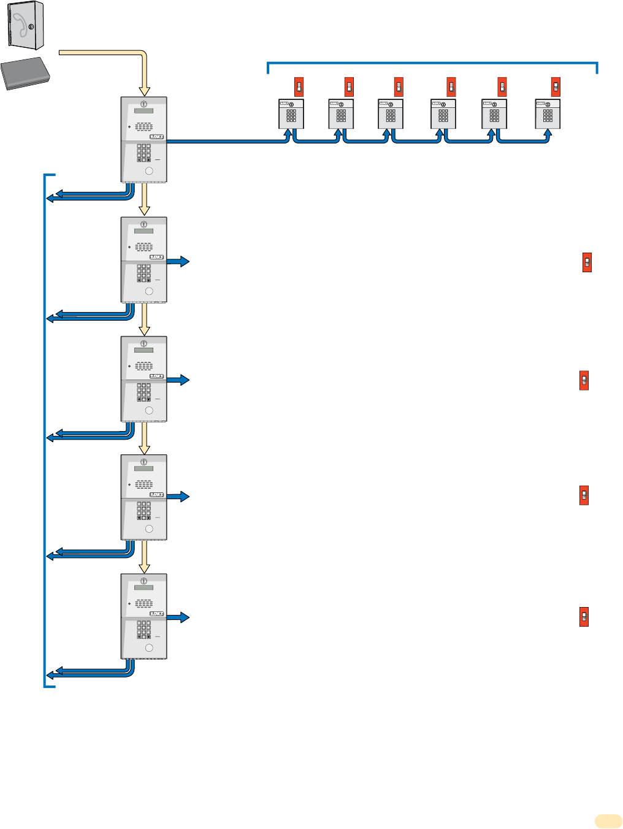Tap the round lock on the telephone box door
(32, 26)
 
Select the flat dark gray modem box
(25, 74)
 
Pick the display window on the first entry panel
(143, 111)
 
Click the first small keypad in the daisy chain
(291, 114)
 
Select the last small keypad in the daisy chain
(548, 114)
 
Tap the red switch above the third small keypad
(399, 86)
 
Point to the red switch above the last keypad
(556, 86)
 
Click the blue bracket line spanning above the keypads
(432, 63)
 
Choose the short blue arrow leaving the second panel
(178, 262)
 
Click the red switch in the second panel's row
(587, 262)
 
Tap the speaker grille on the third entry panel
(144, 366)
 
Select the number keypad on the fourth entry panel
(144, 511)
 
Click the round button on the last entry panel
(149, 648)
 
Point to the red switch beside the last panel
(584, 616)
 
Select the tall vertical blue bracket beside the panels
(45, 429)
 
